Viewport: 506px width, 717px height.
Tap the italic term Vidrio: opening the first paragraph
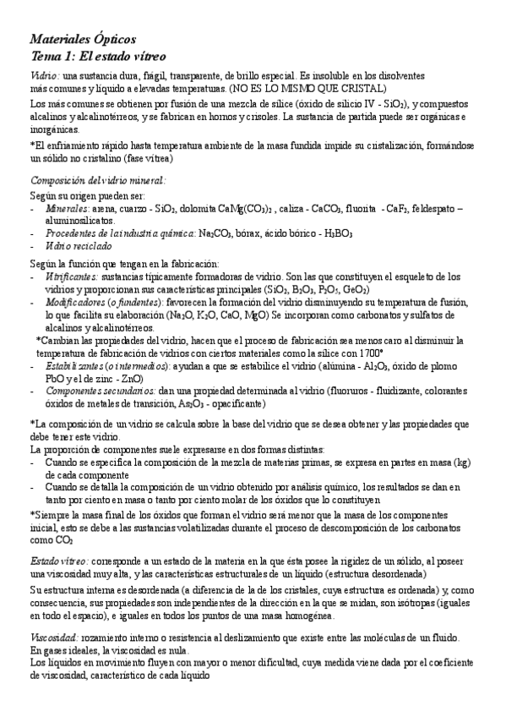pyautogui.click(x=45, y=74)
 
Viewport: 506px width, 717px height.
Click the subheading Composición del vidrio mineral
pyautogui.click(x=98, y=179)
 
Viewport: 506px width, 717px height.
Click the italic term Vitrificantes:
pyautogui.click(x=71, y=276)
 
